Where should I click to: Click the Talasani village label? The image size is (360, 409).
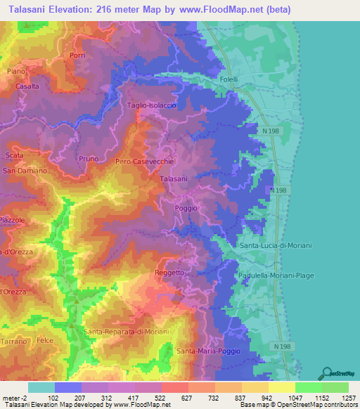click(x=174, y=179)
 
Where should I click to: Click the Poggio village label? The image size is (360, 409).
click(x=186, y=209)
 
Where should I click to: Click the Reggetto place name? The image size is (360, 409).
click(x=169, y=273)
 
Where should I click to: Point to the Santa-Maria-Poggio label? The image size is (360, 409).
click(x=208, y=351)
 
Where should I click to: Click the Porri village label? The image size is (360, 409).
click(x=77, y=55)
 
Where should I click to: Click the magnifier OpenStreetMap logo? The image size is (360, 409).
click(x=326, y=374)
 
